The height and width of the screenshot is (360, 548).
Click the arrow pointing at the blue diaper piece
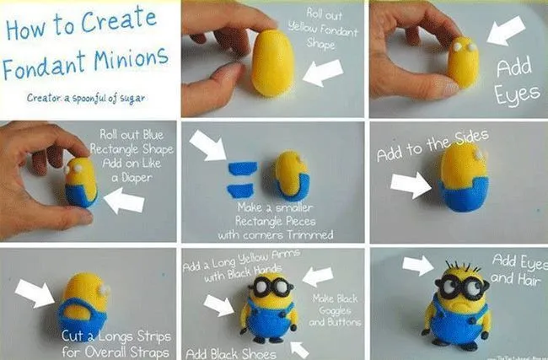click(124, 201)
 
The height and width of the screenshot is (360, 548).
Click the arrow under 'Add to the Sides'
click(411, 184)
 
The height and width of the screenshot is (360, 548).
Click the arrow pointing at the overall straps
click(34, 293)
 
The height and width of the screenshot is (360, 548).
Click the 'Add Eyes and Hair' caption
click(514, 271)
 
